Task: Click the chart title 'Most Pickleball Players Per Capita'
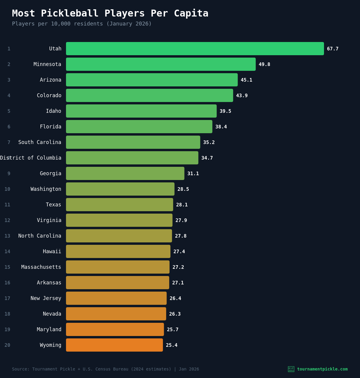(x=110, y=13)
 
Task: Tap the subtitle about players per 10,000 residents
(x=82, y=24)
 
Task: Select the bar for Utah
(x=195, y=49)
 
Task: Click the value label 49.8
(x=264, y=64)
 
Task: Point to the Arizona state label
(x=50, y=80)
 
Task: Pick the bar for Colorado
(x=149, y=95)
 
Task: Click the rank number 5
(x=9, y=111)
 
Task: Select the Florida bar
(x=139, y=127)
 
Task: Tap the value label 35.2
(x=209, y=142)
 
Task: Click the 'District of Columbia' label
(x=31, y=158)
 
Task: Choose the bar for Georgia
(x=125, y=173)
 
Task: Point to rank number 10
(x=7, y=189)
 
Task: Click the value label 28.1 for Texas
(x=182, y=205)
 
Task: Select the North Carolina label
(x=40, y=236)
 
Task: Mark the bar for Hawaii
(x=118, y=251)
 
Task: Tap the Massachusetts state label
(x=41, y=267)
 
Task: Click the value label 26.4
(x=175, y=298)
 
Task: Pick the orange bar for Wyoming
(x=114, y=345)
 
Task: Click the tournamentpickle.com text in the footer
(x=322, y=369)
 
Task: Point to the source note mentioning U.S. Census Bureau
(x=105, y=369)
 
